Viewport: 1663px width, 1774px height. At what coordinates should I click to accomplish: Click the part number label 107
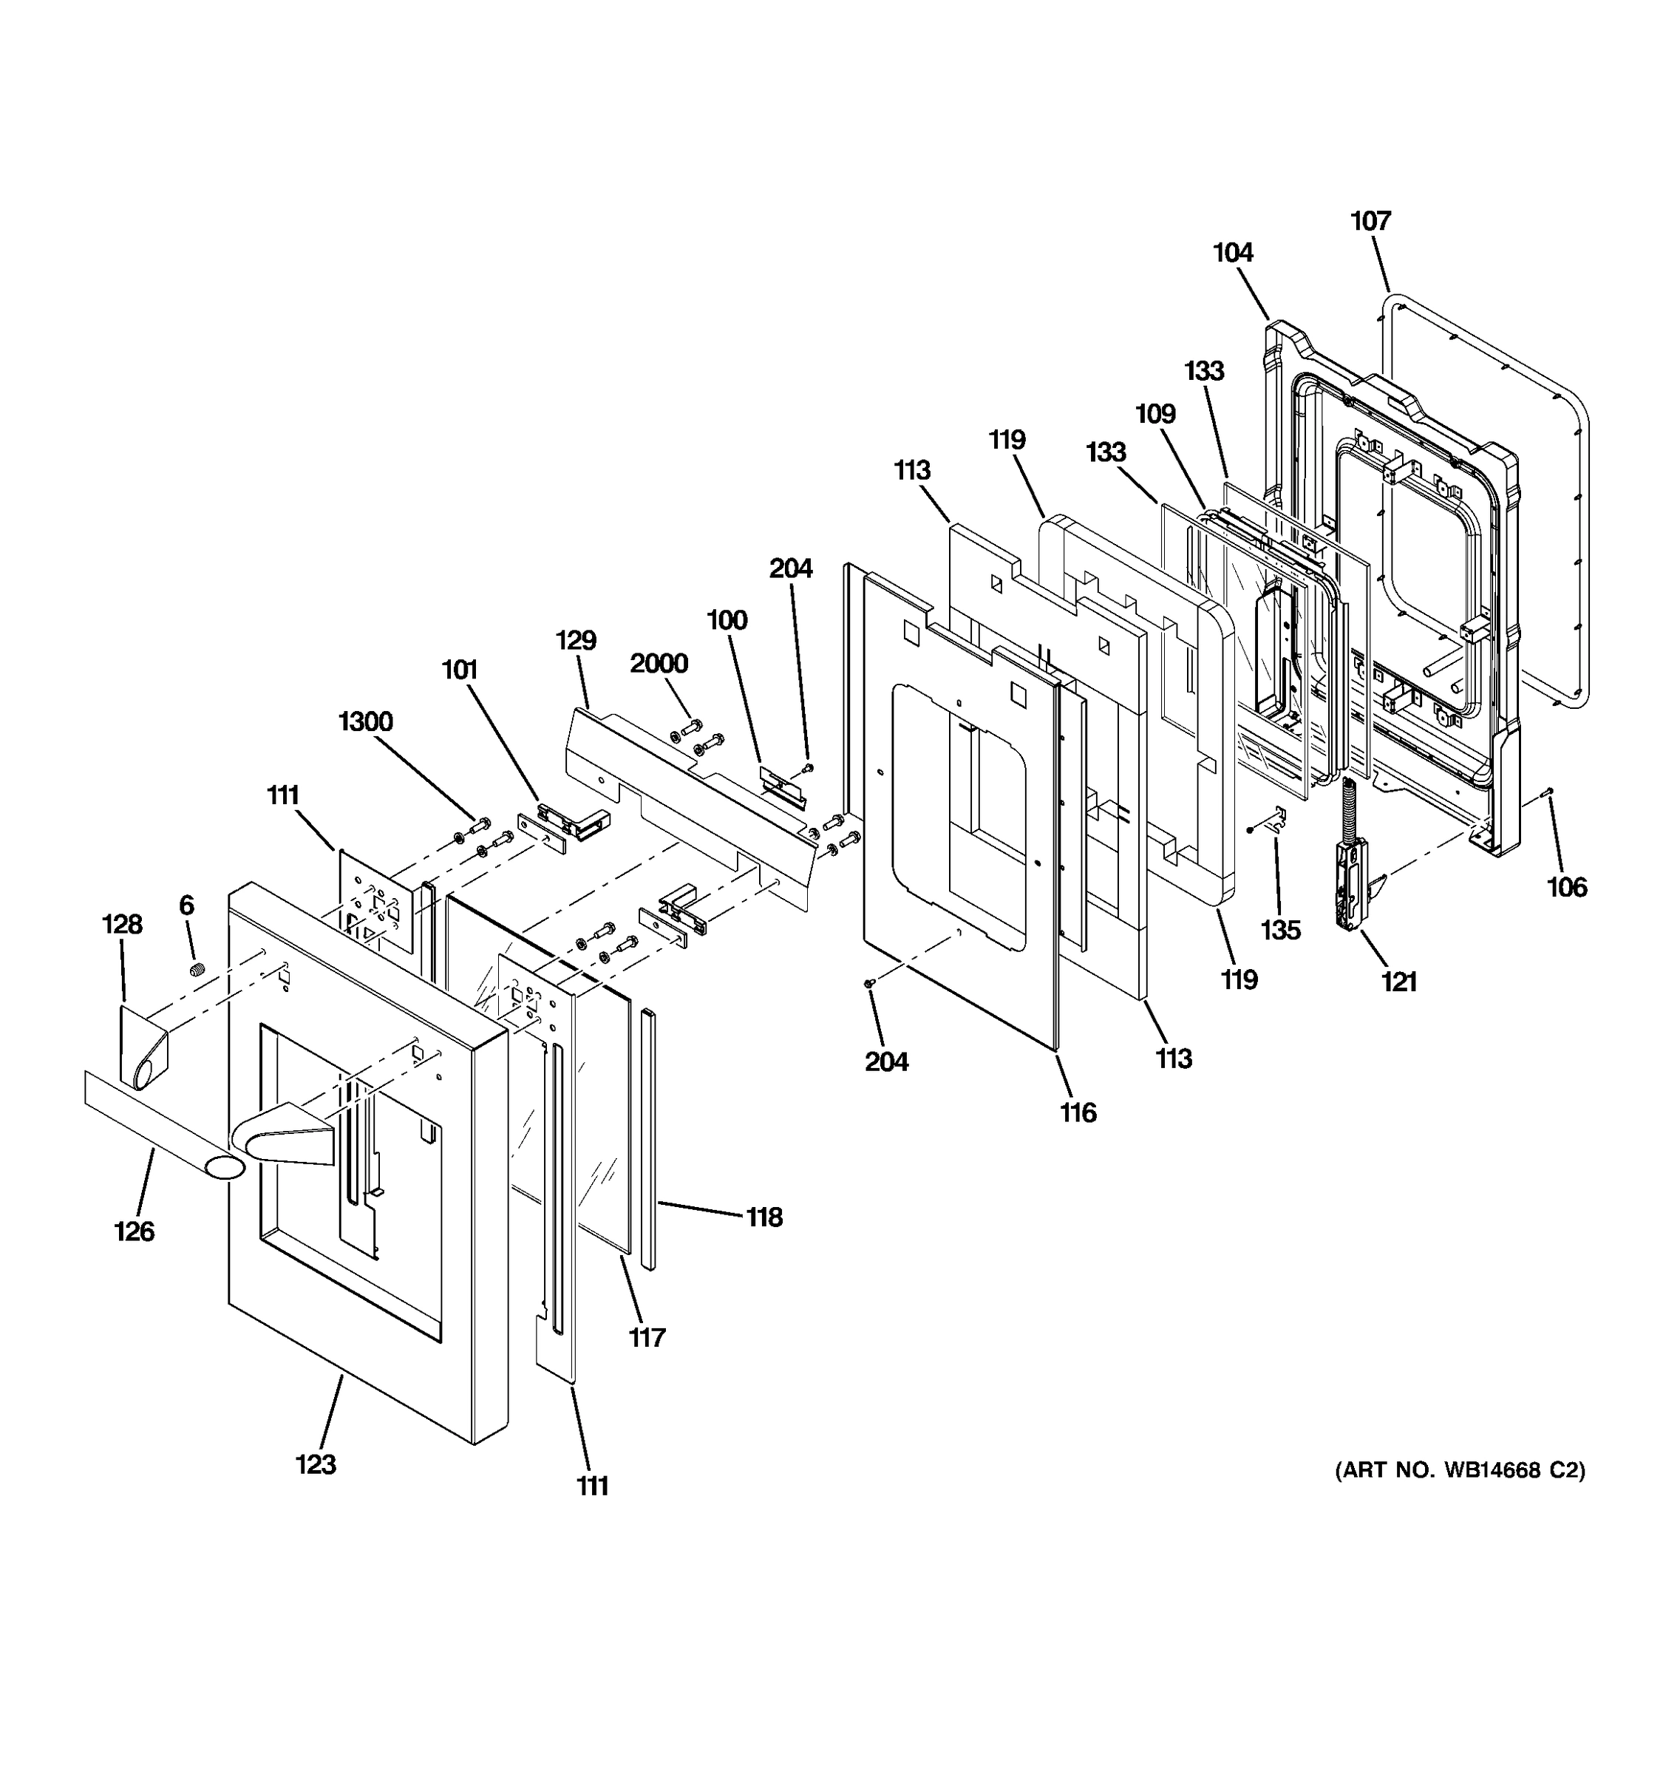pos(1370,220)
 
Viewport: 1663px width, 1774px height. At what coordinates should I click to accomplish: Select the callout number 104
pos(1233,253)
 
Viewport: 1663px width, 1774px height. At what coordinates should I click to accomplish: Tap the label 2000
pos(659,663)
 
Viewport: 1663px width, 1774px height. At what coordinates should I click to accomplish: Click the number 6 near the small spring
pos(186,905)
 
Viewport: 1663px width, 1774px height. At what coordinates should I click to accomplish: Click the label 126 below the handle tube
pos(134,1231)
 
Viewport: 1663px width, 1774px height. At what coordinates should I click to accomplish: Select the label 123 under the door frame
pos(316,1464)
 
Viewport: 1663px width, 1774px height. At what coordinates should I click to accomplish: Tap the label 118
pos(764,1217)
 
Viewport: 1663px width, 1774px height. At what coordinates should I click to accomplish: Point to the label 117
pos(647,1338)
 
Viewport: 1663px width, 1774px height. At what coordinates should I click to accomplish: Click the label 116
pos(1078,1112)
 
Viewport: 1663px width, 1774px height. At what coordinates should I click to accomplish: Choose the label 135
pos(1280,930)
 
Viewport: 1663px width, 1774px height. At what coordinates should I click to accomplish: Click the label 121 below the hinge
pos(1399,982)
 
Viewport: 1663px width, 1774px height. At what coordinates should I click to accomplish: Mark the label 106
pos(1567,887)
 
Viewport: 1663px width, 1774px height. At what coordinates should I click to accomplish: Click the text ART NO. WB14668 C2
pos(1460,1469)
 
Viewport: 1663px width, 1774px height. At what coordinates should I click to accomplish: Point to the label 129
pos(576,640)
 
